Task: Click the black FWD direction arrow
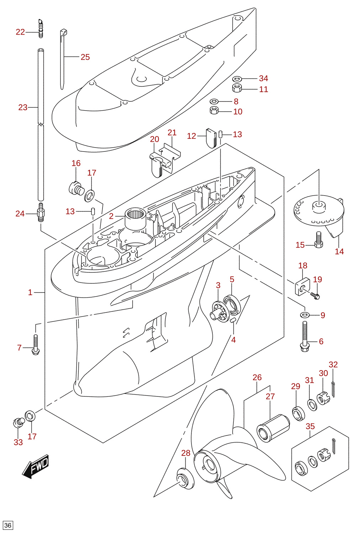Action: (x=36, y=467)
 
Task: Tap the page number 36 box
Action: (x=8, y=526)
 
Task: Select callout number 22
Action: (x=20, y=32)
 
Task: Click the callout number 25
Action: (x=85, y=57)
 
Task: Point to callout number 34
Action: (x=264, y=78)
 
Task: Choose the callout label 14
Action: (x=339, y=251)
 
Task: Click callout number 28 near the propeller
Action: (x=186, y=453)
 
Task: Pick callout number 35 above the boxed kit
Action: (x=310, y=426)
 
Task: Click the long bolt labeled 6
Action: (x=305, y=336)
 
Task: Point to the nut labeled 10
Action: (x=214, y=111)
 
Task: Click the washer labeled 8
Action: (x=214, y=101)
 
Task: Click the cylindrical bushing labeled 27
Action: (x=273, y=428)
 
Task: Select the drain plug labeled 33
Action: (x=18, y=422)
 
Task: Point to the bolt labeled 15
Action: (x=319, y=240)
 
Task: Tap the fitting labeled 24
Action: (x=41, y=212)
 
